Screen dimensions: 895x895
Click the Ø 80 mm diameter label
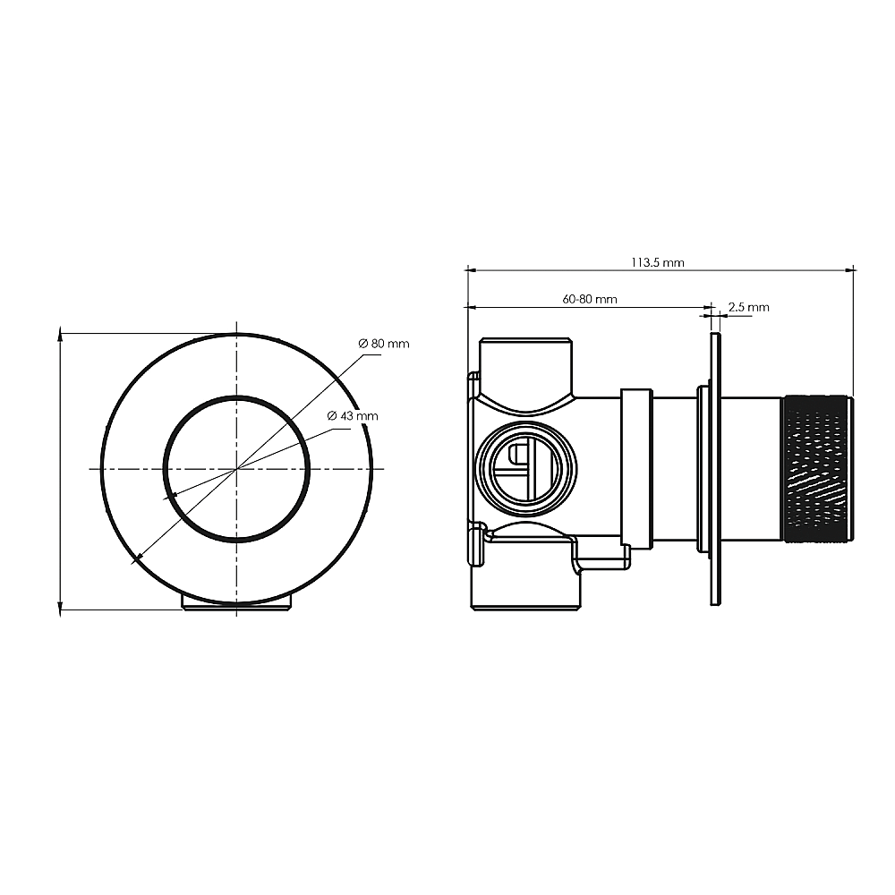[x=384, y=344]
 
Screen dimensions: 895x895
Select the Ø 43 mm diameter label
[x=352, y=416]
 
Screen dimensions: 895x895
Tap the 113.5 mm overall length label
[x=658, y=262]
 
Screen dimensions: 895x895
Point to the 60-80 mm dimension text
[x=590, y=299]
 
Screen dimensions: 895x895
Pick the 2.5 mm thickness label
[x=749, y=307]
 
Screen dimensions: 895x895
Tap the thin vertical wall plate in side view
[x=715, y=469]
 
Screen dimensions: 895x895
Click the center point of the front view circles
[x=237, y=469]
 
